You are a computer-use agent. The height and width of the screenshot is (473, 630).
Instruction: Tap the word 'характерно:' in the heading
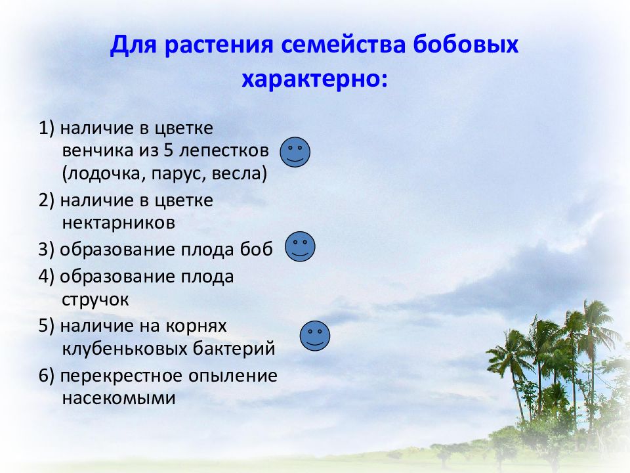[315, 79]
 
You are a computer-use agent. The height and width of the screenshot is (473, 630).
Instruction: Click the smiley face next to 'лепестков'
[295, 152]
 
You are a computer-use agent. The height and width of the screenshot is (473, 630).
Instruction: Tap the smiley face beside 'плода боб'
[300, 246]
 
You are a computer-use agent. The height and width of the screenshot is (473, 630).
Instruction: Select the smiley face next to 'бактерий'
[315, 336]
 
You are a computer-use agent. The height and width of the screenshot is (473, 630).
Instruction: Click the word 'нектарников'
[118, 223]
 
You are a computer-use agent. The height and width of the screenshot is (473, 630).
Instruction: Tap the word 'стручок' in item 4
[95, 299]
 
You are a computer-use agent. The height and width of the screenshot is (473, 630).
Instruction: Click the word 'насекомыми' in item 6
[119, 397]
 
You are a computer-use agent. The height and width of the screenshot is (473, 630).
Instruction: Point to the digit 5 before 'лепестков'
[168, 150]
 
